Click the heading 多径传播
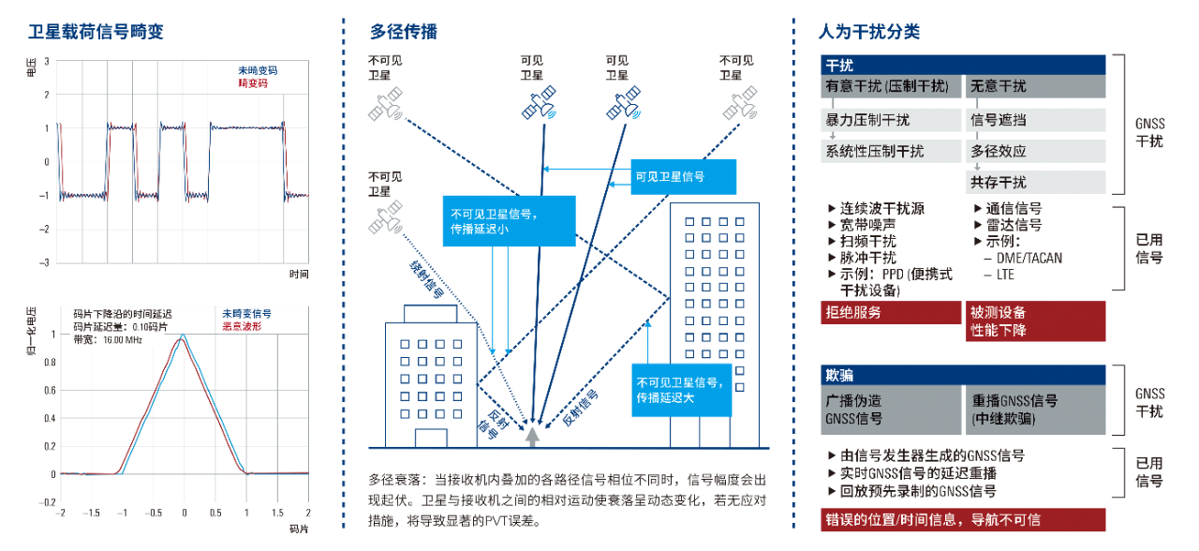point(404,32)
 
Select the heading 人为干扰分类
point(868,32)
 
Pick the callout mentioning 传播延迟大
point(680,390)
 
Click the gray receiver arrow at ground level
point(533,434)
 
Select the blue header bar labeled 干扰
point(963,65)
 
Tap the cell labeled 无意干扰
point(1035,86)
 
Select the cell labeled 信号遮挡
point(1035,121)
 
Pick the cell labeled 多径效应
point(1035,151)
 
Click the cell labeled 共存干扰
point(1035,182)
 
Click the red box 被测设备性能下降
point(1035,321)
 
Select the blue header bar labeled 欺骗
point(963,375)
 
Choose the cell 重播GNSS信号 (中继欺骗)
point(1035,410)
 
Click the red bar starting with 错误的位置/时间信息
point(963,520)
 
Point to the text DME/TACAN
point(1022,258)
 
